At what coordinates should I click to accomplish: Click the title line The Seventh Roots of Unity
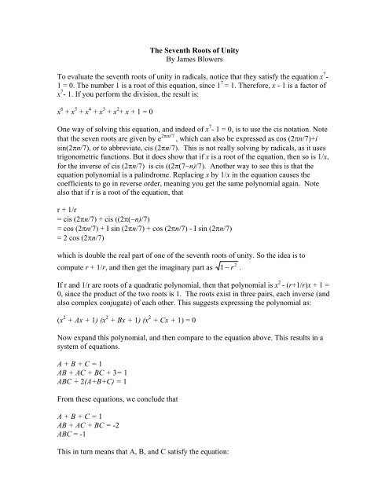pyautogui.click(x=194, y=50)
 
